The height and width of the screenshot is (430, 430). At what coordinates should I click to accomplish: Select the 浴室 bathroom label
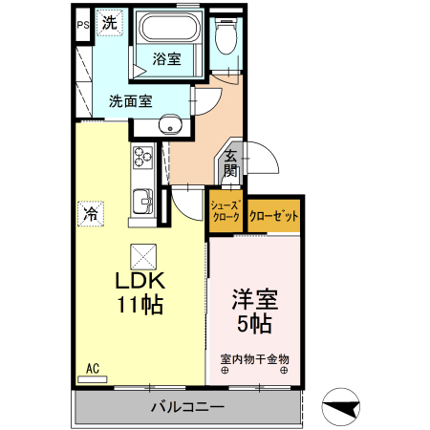tap(167, 59)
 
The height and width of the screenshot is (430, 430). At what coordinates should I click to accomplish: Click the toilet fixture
tap(226, 38)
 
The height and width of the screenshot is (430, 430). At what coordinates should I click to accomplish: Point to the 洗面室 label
tap(129, 99)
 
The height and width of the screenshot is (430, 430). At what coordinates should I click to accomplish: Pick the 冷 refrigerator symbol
tap(91, 214)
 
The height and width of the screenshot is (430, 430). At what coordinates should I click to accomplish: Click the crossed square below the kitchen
tap(141, 255)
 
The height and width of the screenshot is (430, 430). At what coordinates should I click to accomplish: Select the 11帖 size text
tap(140, 306)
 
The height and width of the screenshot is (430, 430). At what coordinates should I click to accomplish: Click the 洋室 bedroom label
tap(252, 298)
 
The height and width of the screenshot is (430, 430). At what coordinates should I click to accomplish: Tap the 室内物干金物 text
tap(254, 359)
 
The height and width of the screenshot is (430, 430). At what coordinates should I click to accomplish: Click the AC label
tap(93, 368)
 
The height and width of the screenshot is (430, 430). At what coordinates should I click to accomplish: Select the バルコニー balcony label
tap(187, 408)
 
